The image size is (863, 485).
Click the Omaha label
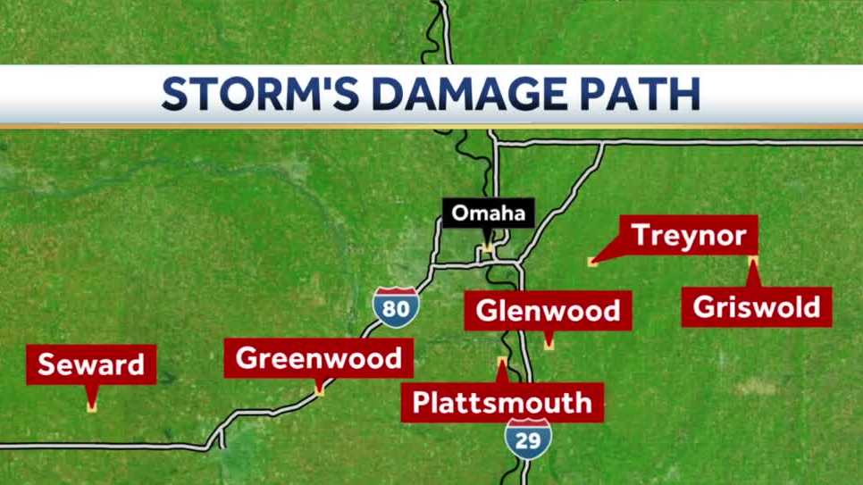click(x=488, y=213)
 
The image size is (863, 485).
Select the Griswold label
click(x=756, y=307)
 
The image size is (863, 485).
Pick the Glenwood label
click(x=548, y=311)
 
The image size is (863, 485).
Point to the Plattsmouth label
click(x=501, y=402)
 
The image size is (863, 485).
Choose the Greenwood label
click(x=319, y=359)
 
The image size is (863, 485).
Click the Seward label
click(x=91, y=364)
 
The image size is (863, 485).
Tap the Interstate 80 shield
click(x=394, y=306)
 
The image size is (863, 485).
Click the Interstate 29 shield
click(x=527, y=438)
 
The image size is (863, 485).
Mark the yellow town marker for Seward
click(x=91, y=407)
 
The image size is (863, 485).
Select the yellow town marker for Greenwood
click(x=319, y=389)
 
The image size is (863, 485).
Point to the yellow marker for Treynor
click(x=591, y=261)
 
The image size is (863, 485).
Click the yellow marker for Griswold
click(x=753, y=261)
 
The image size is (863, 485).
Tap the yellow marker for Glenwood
click(x=549, y=344)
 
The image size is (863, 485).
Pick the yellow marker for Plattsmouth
click(x=502, y=362)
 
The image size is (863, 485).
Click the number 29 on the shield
click(x=527, y=441)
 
